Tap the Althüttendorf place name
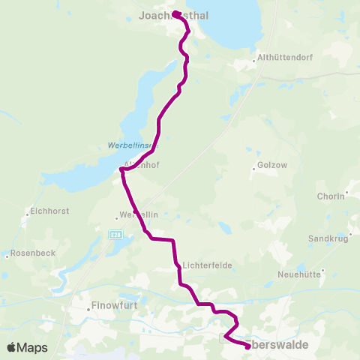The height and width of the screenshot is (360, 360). click(283, 57)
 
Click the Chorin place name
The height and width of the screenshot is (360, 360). click(330, 196)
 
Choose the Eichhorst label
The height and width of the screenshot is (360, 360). click(49, 211)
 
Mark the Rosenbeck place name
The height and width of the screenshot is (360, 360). click(33, 253)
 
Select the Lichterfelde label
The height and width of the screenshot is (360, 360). click(205, 265)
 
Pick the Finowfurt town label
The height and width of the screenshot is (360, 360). click(112, 306)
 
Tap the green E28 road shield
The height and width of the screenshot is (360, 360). click(115, 235)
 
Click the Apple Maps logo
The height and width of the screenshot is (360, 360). click(27, 347)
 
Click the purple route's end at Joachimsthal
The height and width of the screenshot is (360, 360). click(175, 14)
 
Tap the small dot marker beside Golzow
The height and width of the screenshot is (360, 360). click(254, 169)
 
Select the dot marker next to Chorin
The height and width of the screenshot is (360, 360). click(347, 192)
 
